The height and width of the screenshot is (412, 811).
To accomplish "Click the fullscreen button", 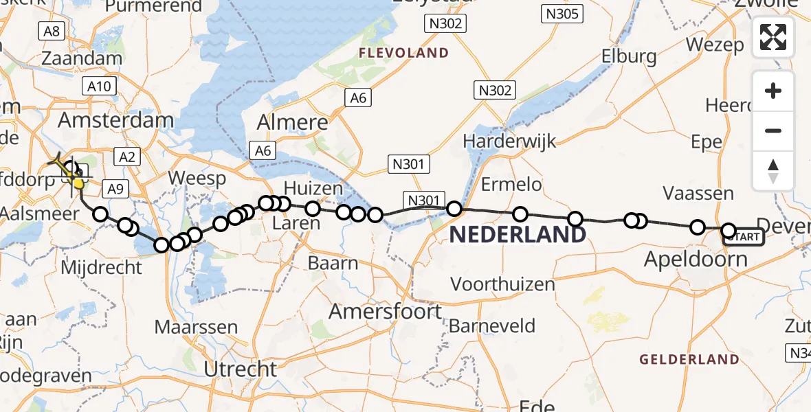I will [773, 37].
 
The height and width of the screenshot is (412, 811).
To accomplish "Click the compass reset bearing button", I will [773, 171].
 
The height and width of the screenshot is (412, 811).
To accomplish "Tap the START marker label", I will [744, 238].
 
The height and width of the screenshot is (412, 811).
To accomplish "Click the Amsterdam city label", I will [115, 121].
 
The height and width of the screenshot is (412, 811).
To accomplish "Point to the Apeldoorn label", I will [696, 260].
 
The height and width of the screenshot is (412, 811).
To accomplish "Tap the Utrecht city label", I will [241, 369].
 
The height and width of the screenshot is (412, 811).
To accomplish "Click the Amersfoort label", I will [386, 312].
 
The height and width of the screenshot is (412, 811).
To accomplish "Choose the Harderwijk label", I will [509, 140].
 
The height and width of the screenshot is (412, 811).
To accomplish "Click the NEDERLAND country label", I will [518, 236].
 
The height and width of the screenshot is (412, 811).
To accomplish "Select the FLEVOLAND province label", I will [403, 53].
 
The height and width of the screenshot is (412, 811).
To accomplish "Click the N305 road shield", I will [562, 13].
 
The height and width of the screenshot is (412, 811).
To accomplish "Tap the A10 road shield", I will [99, 86].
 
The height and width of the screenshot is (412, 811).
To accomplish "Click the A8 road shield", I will [52, 31].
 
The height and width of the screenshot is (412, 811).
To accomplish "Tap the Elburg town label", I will [628, 56].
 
